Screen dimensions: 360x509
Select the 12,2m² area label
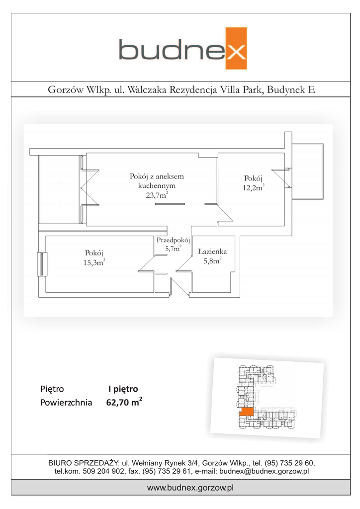click(x=254, y=187)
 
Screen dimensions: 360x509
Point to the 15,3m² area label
click(x=94, y=263)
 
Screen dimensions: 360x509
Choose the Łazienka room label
click(x=212, y=252)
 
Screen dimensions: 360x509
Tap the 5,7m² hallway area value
click(x=173, y=249)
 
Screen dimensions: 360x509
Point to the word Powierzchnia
click(x=66, y=403)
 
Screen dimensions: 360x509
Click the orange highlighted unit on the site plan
click(x=246, y=412)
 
